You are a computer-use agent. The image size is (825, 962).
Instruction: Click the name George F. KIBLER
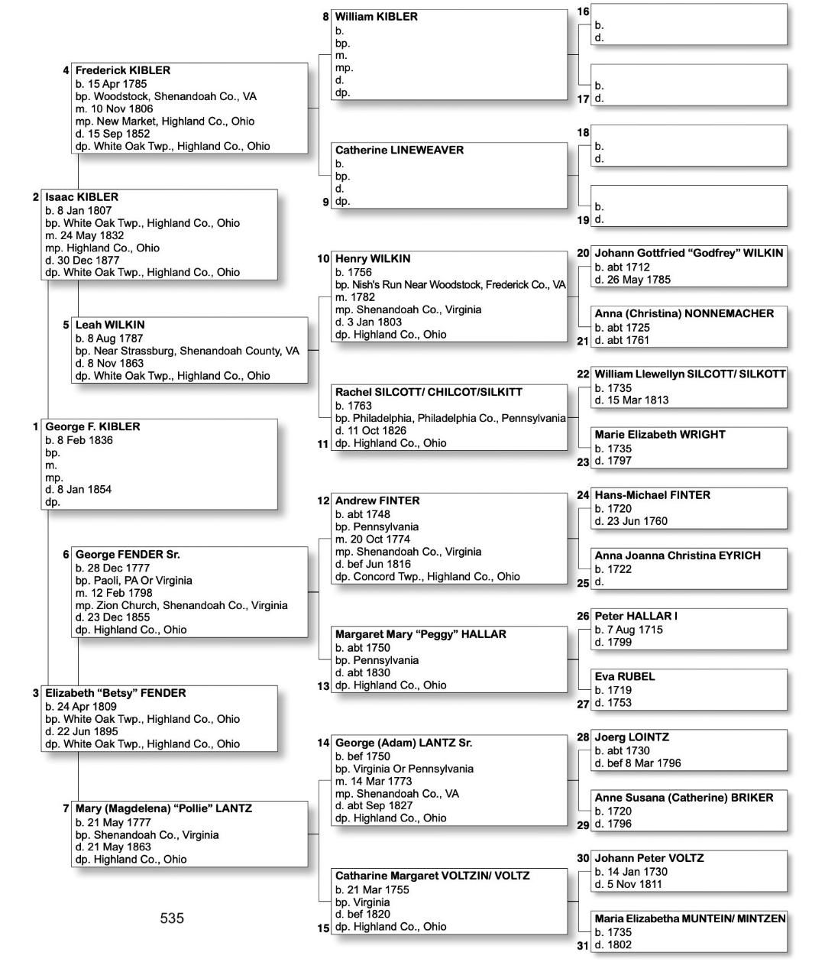(x=92, y=427)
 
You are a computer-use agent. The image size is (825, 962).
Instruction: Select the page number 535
(x=172, y=918)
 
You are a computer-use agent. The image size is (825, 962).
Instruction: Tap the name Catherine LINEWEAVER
(x=399, y=151)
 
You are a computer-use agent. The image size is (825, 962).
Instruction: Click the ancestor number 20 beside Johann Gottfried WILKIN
(x=583, y=253)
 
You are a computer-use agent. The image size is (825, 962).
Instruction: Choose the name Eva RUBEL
(x=624, y=677)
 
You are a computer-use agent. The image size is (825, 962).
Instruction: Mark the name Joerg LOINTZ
(x=631, y=737)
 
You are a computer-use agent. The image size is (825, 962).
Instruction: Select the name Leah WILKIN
(x=109, y=326)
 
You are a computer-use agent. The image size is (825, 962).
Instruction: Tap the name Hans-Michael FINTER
(x=652, y=495)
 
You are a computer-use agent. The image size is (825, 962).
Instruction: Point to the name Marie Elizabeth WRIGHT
(x=659, y=435)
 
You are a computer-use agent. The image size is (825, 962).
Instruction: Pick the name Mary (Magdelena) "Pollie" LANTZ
(x=163, y=808)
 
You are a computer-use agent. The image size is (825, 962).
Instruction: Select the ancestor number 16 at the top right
(x=583, y=12)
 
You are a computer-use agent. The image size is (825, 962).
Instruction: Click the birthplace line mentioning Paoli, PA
(x=134, y=581)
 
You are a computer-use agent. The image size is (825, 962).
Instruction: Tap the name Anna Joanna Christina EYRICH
(x=677, y=555)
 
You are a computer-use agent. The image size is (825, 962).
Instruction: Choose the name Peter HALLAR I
(x=636, y=616)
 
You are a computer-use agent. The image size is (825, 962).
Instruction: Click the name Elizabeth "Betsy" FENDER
(x=115, y=694)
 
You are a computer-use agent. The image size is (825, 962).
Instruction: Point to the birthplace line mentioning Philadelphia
(x=450, y=419)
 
